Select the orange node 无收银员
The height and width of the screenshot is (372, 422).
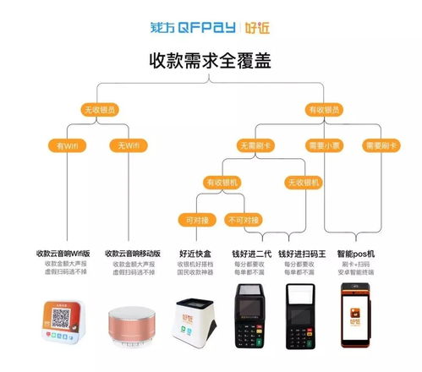[x=98, y=110]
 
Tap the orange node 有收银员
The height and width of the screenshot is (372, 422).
[x=326, y=110]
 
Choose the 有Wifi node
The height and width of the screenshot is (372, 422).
[x=66, y=145]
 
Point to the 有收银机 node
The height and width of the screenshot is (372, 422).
[x=222, y=182]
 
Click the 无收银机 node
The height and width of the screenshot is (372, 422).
[x=304, y=182]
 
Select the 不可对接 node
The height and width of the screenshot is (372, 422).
[x=244, y=219]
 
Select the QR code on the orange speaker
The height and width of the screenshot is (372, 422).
[x=58, y=318]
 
